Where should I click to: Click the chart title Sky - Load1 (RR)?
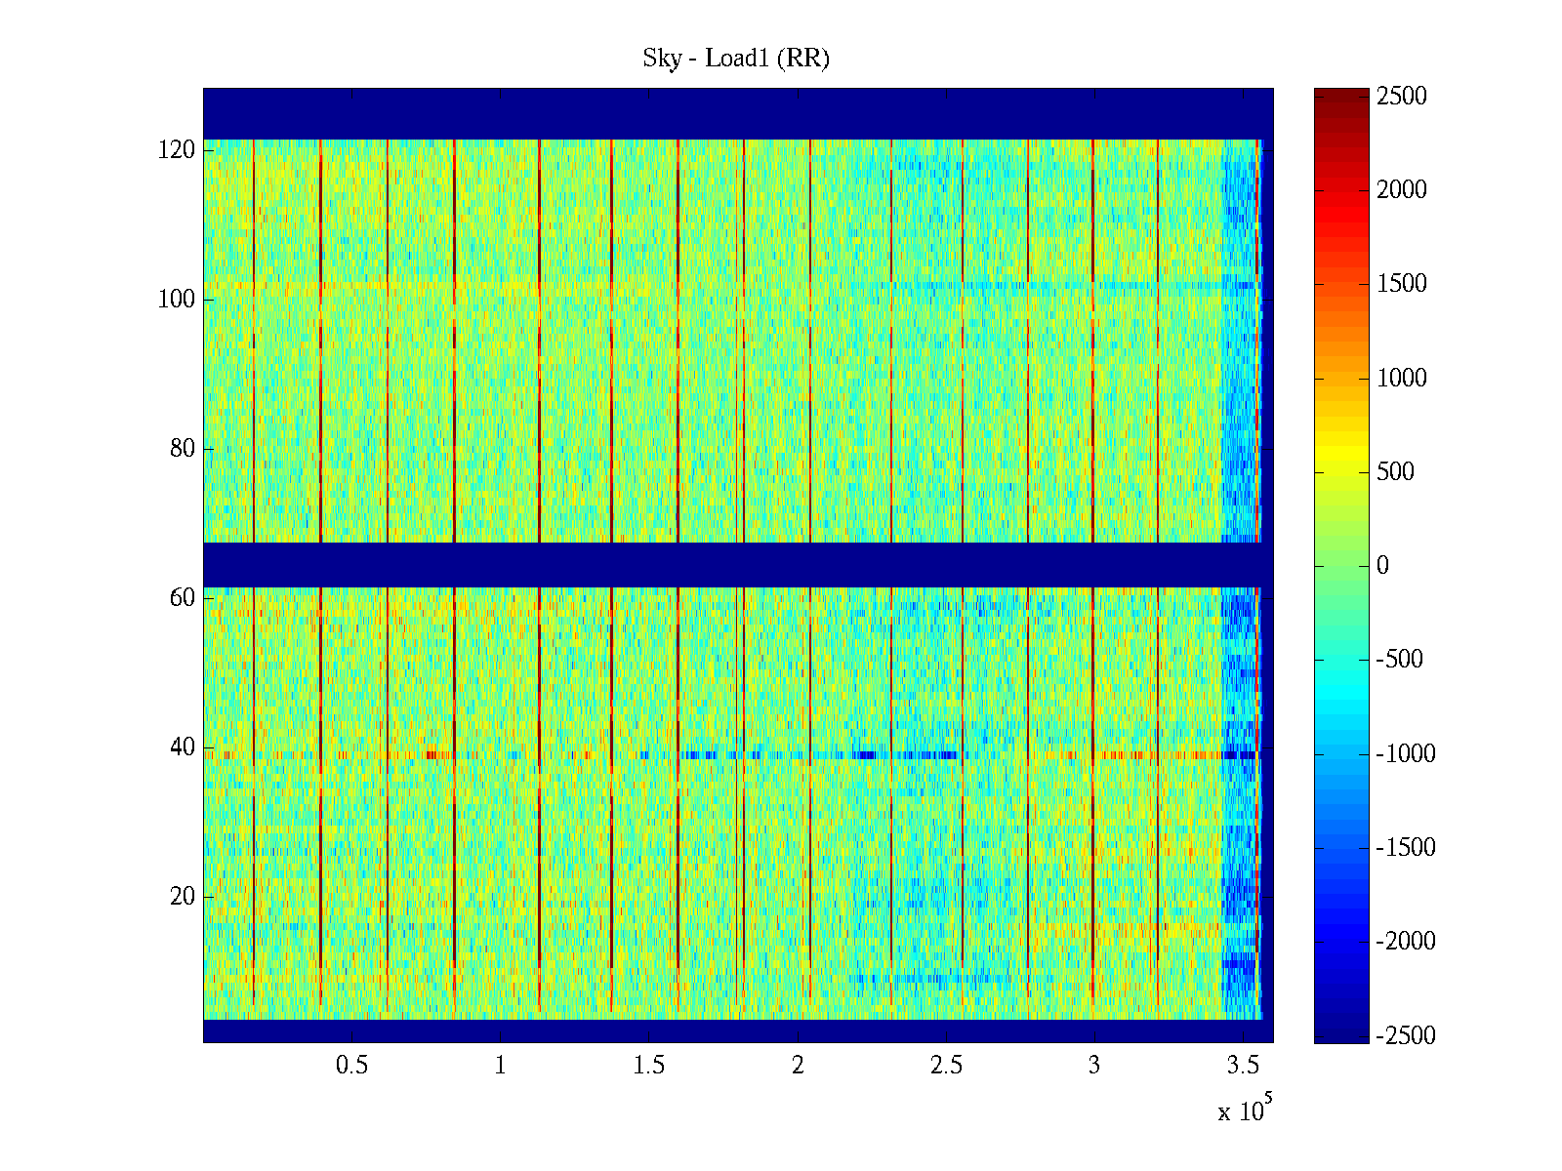pyautogui.click(x=736, y=59)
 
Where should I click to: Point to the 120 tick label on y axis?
pyautogui.click(x=177, y=150)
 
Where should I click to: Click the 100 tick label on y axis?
pyautogui.click(x=177, y=300)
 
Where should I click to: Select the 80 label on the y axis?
pyautogui.click(x=183, y=449)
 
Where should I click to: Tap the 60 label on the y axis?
pyautogui.click(x=183, y=598)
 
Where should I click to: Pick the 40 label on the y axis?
pyautogui.click(x=183, y=747)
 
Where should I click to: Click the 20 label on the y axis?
pyautogui.click(x=183, y=897)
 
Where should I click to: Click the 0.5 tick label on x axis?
pyautogui.click(x=352, y=1066)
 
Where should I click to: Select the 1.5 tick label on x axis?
pyautogui.click(x=649, y=1066)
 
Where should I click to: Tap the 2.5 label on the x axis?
pyautogui.click(x=946, y=1066)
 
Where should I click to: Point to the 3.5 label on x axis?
pyautogui.click(x=1243, y=1066)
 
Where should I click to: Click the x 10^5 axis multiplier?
pyautogui.click(x=1245, y=1110)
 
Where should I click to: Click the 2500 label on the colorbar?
pyautogui.click(x=1402, y=97)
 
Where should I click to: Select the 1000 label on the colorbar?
pyautogui.click(x=1402, y=379)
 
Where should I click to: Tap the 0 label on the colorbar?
pyautogui.click(x=1382, y=566)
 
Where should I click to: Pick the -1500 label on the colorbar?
pyautogui.click(x=1406, y=848)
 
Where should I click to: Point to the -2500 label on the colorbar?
pyautogui.click(x=1406, y=1036)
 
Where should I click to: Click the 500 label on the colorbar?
pyautogui.click(x=1396, y=472)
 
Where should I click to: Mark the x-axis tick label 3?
pyautogui.click(x=1094, y=1066)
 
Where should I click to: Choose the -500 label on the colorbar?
pyautogui.click(x=1400, y=660)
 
